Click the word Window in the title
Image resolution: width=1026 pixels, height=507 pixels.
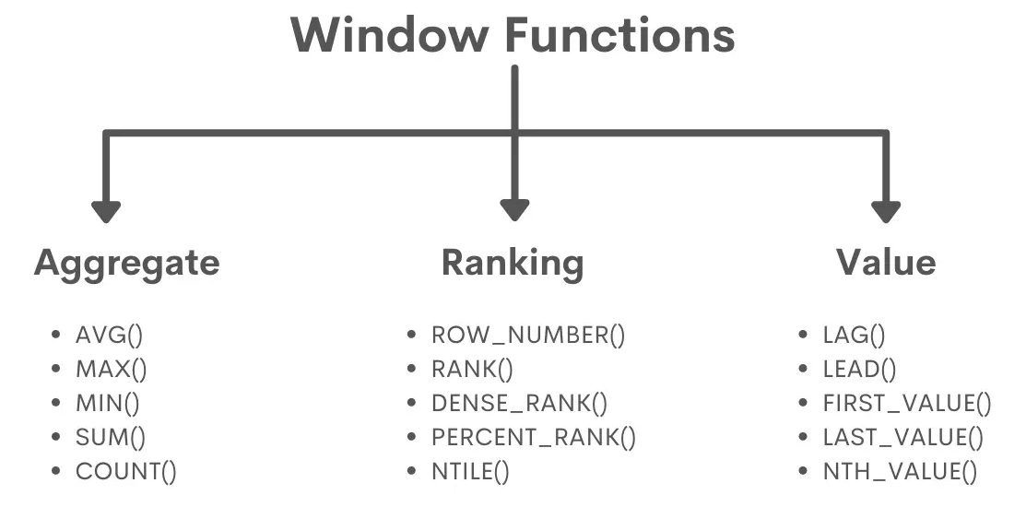coord(391,35)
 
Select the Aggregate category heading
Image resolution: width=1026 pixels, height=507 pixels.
coord(127,263)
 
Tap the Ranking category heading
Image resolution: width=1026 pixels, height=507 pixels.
coord(513,263)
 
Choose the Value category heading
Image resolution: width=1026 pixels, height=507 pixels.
coord(886,263)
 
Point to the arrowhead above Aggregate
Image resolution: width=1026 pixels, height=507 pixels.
coord(106,210)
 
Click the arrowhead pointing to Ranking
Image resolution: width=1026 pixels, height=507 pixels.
coord(514,210)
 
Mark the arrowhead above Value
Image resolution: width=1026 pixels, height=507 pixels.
coord(886,210)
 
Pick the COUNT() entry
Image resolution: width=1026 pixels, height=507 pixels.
coord(125,472)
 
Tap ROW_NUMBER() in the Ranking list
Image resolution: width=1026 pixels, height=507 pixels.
coord(528,336)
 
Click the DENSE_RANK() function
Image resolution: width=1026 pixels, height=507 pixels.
coord(520,404)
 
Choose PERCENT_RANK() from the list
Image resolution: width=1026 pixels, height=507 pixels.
coord(534,438)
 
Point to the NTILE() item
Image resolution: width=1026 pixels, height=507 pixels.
coord(470,472)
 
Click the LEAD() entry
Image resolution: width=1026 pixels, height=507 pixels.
coord(859,370)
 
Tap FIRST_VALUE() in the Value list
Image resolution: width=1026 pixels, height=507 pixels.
coord(907,404)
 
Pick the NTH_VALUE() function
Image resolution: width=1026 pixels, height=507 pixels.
coord(900,472)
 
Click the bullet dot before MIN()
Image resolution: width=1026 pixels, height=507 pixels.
coord(57,404)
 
